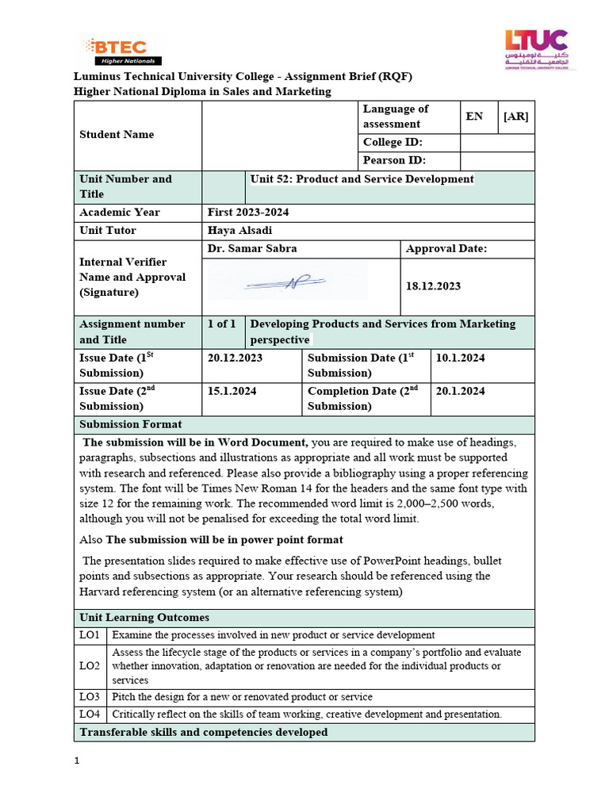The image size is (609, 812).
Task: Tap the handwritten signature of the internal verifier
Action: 286,283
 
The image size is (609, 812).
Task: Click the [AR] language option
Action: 515,117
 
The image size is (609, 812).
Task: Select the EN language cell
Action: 474,117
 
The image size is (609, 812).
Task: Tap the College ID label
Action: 393,142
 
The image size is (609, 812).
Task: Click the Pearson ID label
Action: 394,161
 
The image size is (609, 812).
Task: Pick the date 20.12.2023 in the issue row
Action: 235,358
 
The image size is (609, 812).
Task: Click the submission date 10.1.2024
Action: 461,358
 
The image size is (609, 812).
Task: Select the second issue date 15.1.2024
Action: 232,391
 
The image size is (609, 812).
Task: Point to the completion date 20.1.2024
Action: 461,391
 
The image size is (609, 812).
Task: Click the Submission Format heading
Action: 131,424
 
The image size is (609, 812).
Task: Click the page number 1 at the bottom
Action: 77,762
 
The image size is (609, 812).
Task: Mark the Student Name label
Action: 117,134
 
